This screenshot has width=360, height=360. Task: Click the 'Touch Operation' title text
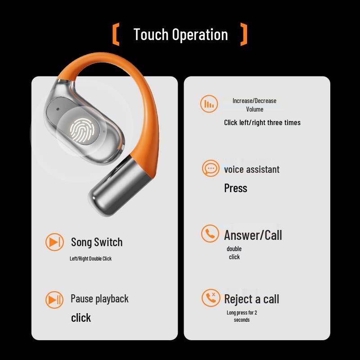tap(180, 35)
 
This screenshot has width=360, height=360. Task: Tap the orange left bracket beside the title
tap(116, 35)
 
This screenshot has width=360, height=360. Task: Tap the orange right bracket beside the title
tap(244, 35)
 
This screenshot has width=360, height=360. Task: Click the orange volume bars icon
tap(209, 104)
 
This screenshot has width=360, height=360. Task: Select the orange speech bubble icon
tap(211, 169)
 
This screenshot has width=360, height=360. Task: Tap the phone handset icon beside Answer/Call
tap(210, 234)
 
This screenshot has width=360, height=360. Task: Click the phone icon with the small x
tap(211, 298)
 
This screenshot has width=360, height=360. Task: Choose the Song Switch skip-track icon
tap(54, 242)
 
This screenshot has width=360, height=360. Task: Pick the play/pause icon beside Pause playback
tap(54, 299)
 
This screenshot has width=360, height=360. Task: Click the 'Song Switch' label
tap(97, 242)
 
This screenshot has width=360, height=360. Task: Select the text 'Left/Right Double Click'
tap(90, 259)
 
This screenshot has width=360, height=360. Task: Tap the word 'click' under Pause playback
tap(81, 318)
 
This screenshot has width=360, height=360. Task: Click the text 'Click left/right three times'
tap(262, 122)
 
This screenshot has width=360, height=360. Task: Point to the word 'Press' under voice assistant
tap(236, 188)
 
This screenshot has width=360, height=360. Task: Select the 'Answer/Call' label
tap(253, 235)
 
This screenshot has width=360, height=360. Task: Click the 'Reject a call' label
tap(252, 299)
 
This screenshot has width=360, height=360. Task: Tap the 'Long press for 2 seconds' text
tap(242, 316)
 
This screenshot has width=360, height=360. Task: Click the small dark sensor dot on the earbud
tap(59, 110)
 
